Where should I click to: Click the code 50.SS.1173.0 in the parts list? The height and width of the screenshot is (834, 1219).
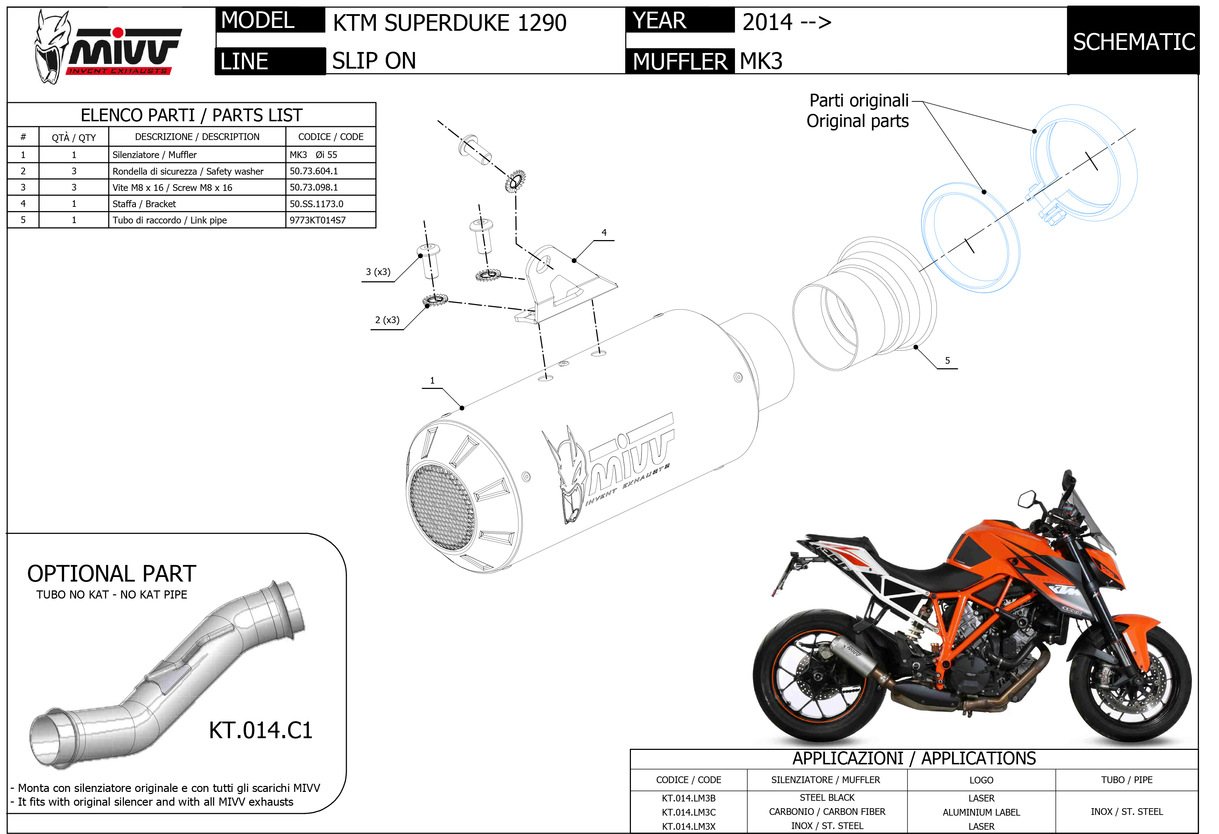click(x=316, y=204)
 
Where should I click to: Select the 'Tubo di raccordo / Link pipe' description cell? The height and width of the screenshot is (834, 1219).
click(x=169, y=220)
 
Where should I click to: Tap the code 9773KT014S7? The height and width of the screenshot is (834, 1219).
click(x=317, y=220)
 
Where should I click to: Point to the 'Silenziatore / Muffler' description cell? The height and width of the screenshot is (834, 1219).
click(x=154, y=154)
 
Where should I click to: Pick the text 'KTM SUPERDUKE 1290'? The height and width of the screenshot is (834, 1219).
click(x=449, y=23)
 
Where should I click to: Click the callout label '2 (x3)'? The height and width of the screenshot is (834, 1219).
click(x=387, y=320)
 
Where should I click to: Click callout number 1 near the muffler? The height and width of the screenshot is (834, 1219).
click(x=432, y=380)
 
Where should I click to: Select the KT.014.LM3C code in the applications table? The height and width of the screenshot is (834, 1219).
click(x=688, y=812)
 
